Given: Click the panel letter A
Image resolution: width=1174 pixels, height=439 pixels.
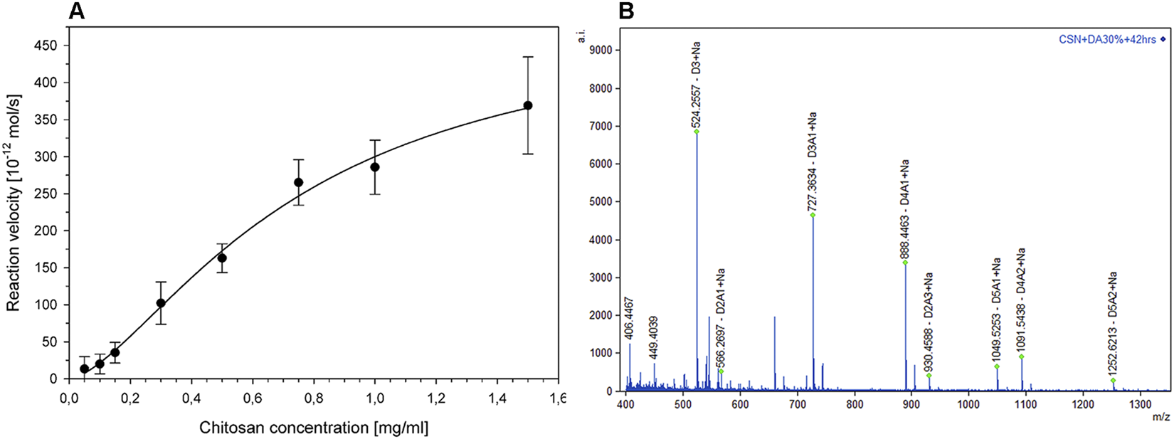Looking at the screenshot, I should point(78,11).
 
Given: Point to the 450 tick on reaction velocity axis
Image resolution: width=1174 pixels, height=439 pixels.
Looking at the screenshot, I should point(47,46).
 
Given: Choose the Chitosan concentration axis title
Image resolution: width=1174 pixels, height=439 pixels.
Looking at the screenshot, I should point(314,428).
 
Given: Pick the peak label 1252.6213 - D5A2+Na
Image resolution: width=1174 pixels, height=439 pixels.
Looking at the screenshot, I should point(1114,326).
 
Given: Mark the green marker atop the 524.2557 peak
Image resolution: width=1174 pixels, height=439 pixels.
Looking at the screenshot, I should point(697,132).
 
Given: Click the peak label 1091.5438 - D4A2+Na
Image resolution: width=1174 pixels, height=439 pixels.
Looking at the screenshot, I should point(1021,300).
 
